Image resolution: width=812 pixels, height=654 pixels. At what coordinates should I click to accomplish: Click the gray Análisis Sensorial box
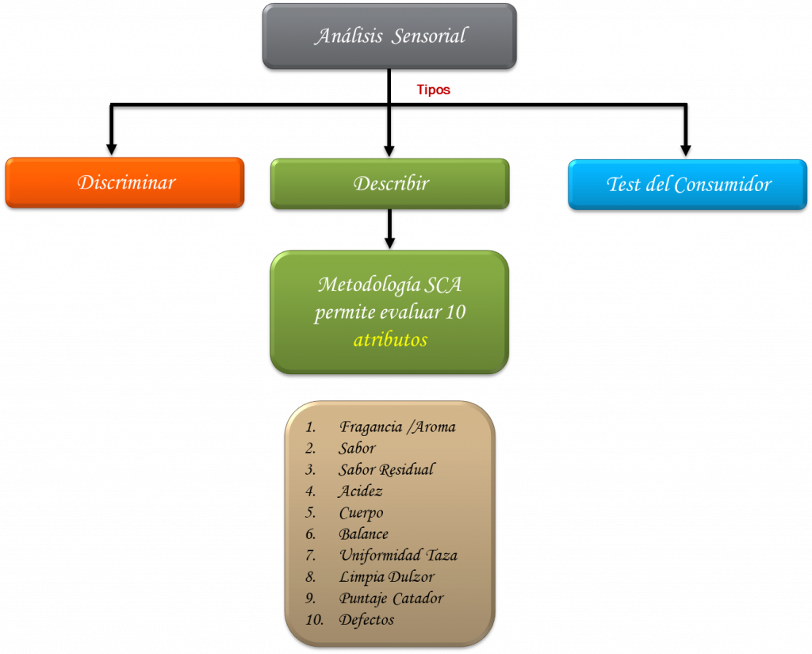(389, 36)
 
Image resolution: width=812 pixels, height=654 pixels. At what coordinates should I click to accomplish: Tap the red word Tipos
(434, 90)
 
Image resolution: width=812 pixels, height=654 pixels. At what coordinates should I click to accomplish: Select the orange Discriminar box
(125, 182)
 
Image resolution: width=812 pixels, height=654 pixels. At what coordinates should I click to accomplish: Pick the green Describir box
(390, 183)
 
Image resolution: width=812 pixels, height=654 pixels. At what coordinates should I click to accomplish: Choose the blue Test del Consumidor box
(688, 185)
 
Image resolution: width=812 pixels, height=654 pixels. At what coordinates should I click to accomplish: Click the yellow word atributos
(390, 340)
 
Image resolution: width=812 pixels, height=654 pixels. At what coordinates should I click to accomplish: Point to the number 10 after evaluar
(455, 312)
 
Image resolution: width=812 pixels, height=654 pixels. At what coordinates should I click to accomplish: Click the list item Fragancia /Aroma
(397, 427)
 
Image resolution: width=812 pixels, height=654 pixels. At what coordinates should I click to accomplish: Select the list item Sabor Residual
(386, 470)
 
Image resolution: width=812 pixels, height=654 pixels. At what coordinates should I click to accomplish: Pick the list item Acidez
(360, 491)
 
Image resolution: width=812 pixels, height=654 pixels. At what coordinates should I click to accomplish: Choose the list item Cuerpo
(361, 513)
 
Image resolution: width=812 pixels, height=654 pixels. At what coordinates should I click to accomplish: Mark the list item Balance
(363, 534)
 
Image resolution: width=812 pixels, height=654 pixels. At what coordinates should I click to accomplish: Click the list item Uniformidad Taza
(398, 556)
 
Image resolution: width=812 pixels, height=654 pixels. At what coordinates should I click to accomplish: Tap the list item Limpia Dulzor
(386, 577)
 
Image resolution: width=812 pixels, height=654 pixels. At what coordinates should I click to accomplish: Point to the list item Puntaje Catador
(391, 599)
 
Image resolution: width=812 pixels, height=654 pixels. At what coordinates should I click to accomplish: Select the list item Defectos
(366, 620)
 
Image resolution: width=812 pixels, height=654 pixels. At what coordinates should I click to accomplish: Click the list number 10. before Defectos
(314, 620)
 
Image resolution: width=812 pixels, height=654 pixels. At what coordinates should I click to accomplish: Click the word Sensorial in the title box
(428, 36)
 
